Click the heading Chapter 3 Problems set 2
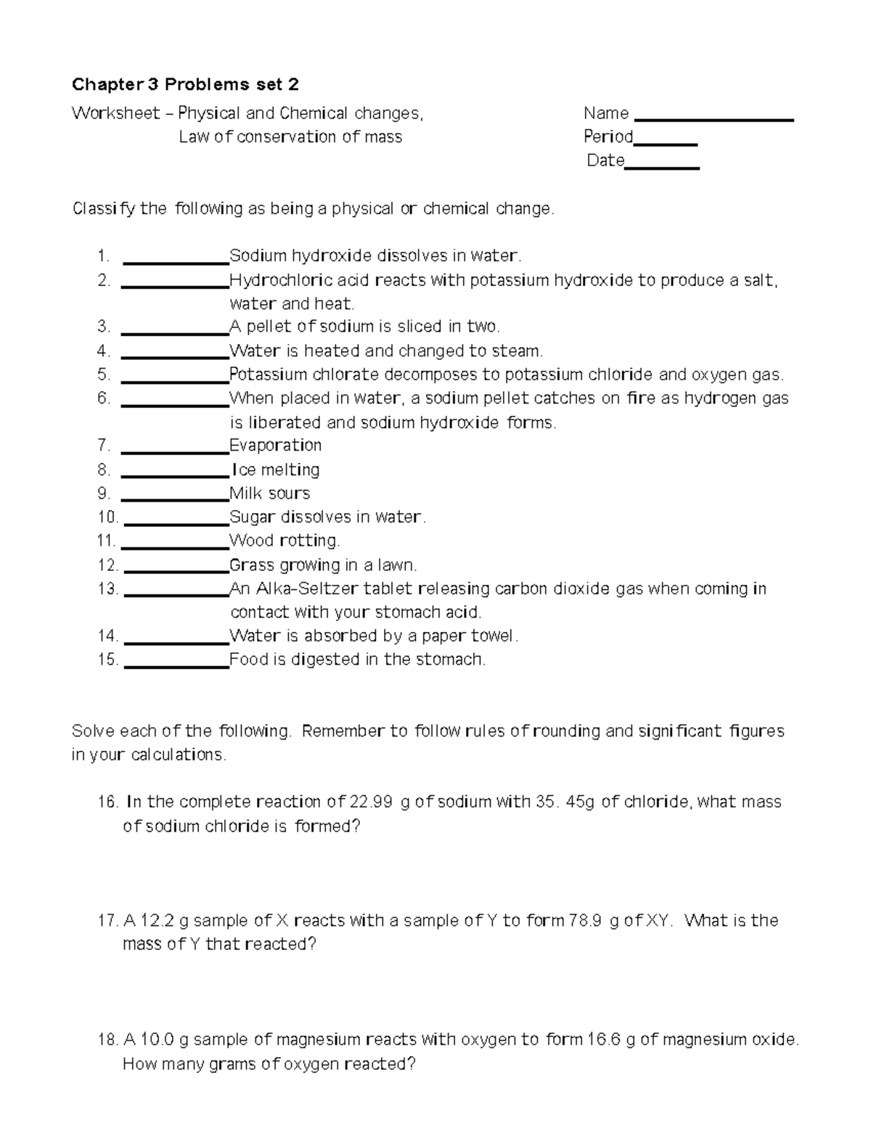185,85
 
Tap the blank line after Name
713,118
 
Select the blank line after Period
666,144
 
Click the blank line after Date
661,167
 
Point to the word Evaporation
275,446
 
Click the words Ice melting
276,470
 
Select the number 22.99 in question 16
372,802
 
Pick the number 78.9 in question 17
585,921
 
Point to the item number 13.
107,589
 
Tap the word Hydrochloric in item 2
272,280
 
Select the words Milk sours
269,493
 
